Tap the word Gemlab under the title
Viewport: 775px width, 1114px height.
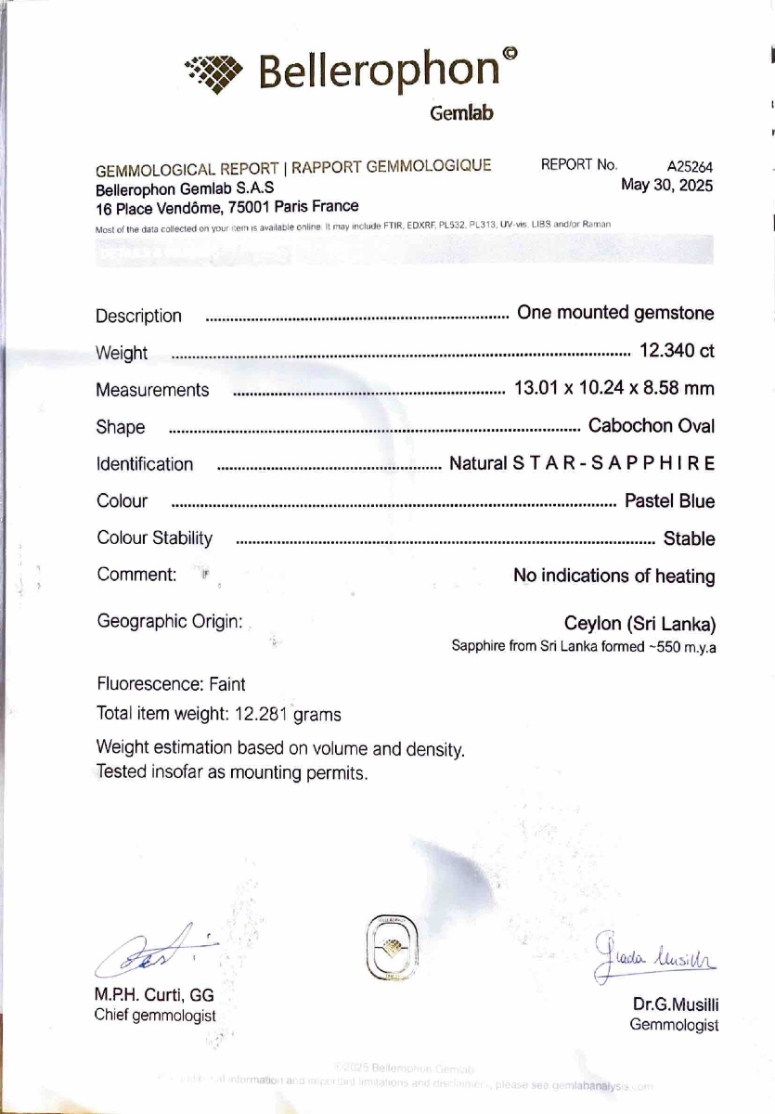click(461, 113)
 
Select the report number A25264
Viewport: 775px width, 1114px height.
click(690, 167)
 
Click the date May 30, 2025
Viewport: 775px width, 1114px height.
click(666, 185)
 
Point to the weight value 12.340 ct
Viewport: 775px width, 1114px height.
click(677, 351)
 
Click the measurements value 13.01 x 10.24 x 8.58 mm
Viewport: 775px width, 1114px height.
click(614, 388)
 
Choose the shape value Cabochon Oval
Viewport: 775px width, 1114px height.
click(652, 426)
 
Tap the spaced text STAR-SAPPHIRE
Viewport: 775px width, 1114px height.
click(614, 463)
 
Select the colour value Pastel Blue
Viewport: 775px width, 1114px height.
click(669, 501)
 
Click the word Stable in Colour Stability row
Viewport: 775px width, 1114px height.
click(689, 538)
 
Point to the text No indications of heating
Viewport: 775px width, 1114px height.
click(614, 576)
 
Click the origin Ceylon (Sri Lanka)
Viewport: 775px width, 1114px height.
click(639, 623)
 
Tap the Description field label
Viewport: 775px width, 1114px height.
click(138, 316)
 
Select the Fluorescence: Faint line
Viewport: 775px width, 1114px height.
click(171, 684)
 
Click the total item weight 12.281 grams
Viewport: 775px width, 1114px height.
click(218, 714)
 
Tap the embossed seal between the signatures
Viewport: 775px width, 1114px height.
click(392, 947)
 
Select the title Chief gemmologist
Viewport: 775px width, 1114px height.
click(155, 1016)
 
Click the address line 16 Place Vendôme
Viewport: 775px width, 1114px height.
click(226, 207)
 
